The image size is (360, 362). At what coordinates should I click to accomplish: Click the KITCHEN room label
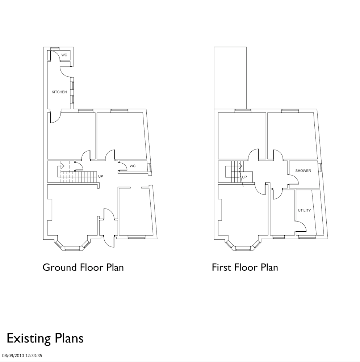[59, 92]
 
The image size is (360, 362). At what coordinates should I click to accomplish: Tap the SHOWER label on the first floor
[303, 171]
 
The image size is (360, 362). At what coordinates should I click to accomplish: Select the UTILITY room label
[304, 210]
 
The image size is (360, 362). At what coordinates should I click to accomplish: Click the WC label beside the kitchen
[64, 55]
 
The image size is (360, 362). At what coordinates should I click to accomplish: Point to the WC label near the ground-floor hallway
[133, 166]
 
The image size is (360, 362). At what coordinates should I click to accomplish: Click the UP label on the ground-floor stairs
[101, 176]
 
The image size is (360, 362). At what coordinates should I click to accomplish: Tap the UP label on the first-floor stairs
[244, 177]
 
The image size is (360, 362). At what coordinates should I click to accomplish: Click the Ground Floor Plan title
[83, 268]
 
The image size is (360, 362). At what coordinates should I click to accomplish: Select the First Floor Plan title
[245, 268]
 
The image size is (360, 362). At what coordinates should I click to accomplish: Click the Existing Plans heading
[45, 338]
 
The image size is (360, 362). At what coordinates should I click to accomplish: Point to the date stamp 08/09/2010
[13, 356]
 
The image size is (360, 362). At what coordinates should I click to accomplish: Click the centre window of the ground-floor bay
[72, 248]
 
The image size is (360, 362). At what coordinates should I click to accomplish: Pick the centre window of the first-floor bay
[243, 248]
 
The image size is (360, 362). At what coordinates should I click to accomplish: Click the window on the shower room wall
[321, 167]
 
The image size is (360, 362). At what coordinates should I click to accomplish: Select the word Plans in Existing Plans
[69, 338]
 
